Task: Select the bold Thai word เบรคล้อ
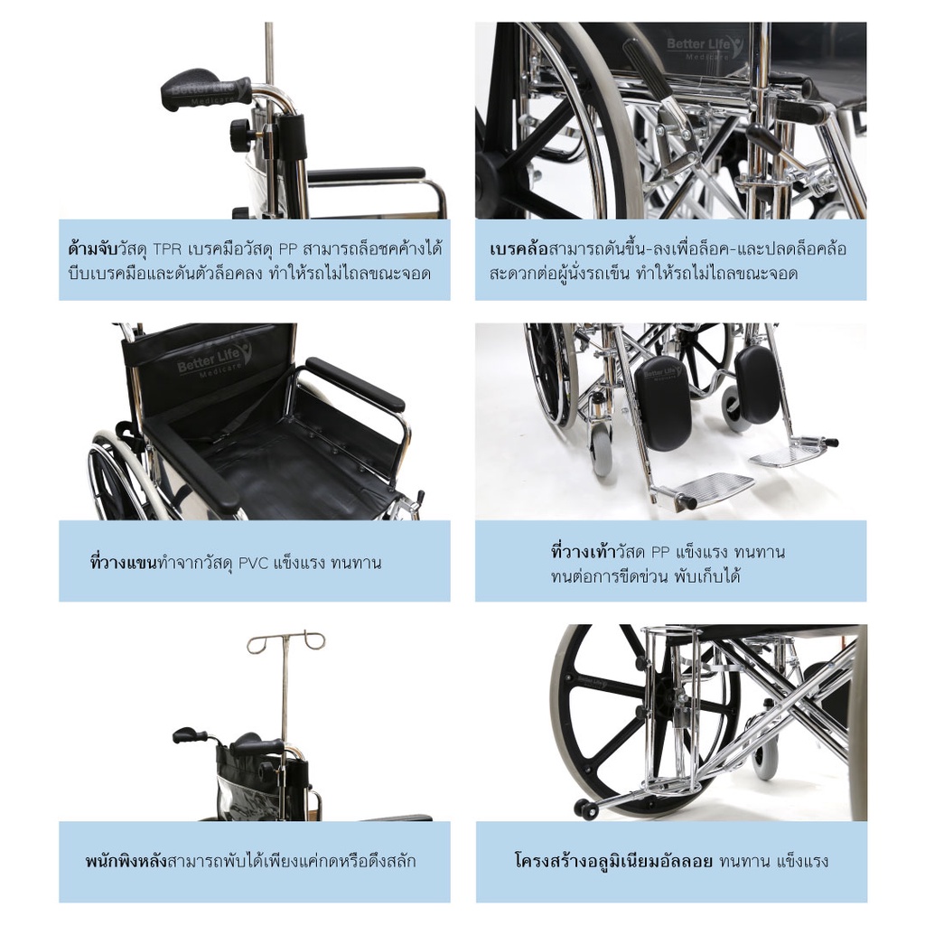[x=519, y=249]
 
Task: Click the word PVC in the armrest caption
[x=253, y=564]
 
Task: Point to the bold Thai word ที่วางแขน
[x=124, y=563]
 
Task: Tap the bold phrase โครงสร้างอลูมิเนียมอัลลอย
[x=613, y=861]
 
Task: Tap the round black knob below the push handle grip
[x=240, y=127]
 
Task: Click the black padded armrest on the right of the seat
[x=354, y=384]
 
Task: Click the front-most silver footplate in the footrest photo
[x=705, y=487]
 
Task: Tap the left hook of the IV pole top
[x=259, y=644]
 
